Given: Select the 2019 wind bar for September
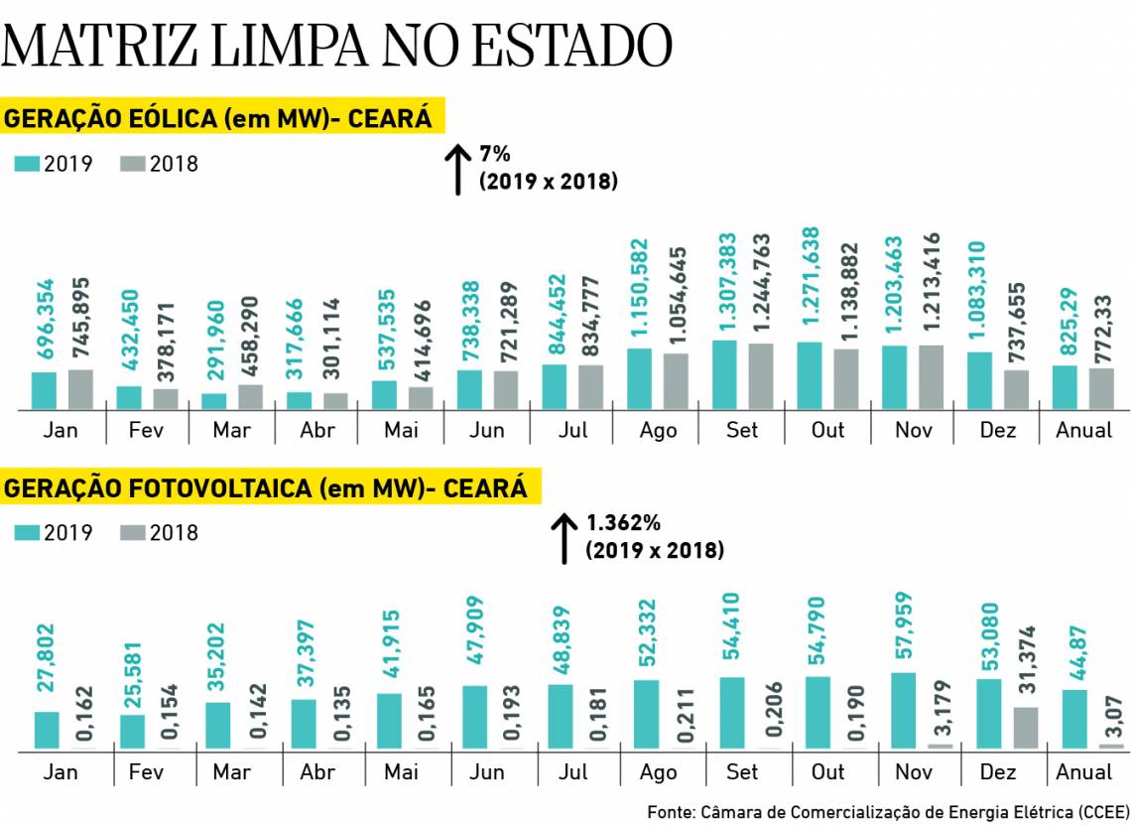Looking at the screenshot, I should [724, 375].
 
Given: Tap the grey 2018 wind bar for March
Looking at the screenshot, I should [251, 397].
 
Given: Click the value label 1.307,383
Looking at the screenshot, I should [726, 282].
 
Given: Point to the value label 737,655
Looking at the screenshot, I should [1016, 312].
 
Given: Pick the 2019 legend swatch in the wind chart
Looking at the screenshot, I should [27, 164].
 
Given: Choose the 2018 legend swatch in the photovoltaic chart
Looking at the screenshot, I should [133, 533].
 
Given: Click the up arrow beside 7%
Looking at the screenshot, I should [457, 169].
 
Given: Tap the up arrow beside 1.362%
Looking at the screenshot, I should [564, 538].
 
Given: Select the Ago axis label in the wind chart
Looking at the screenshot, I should [658, 430].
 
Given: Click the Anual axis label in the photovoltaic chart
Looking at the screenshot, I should [1083, 771].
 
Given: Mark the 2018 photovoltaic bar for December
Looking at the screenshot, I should [1025, 728].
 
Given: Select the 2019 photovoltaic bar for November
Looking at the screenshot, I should [904, 711].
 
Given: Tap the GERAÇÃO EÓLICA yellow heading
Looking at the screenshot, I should [219, 119].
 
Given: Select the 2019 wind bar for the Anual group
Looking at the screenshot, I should [1065, 387].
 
